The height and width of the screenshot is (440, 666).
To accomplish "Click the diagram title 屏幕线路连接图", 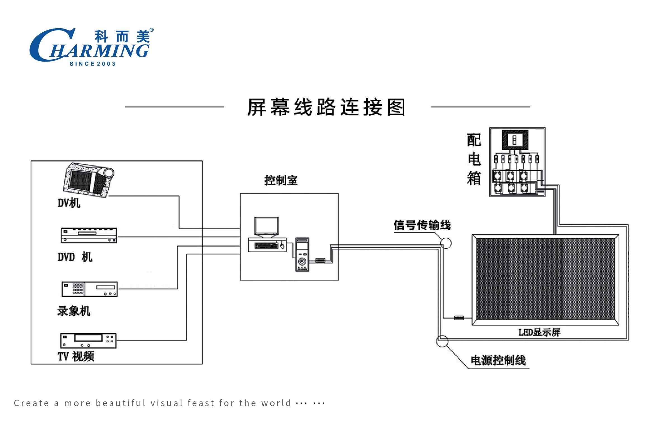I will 326,107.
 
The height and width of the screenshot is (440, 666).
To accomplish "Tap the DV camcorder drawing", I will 88,180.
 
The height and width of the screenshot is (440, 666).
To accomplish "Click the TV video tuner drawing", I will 88,341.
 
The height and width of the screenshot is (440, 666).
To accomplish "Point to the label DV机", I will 69,203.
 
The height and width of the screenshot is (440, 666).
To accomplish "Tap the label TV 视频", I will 76,357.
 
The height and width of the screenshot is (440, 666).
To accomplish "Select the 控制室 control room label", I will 281,181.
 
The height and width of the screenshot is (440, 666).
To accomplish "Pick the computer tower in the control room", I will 302,254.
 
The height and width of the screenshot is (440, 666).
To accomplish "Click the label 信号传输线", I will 422,225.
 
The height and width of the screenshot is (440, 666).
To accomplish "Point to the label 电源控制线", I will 498,361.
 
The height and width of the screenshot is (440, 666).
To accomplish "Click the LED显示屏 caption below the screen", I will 539,333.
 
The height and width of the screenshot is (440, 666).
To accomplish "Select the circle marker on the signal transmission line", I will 446,243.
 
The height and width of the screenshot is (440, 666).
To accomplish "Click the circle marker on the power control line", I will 442,341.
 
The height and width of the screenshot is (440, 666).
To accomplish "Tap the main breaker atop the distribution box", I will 515,140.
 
